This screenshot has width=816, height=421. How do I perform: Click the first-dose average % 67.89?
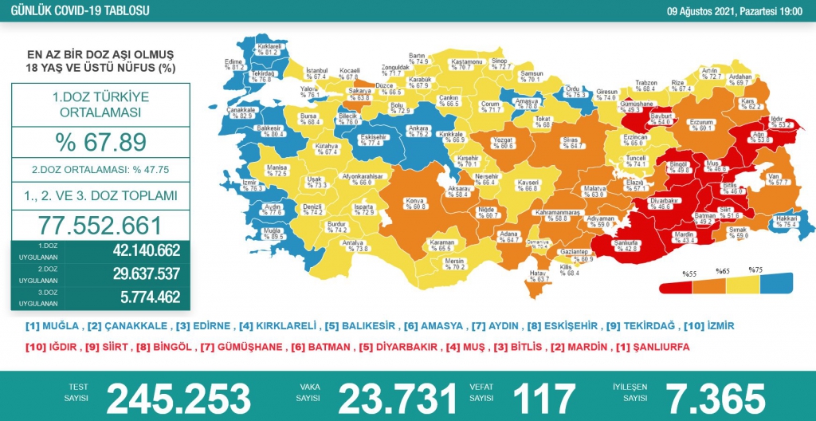[x=100, y=142]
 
